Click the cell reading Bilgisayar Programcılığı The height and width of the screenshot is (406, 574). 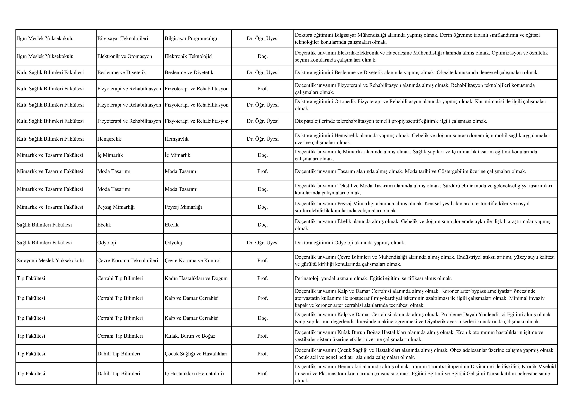(191, 38)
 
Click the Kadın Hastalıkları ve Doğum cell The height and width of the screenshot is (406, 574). (196, 278)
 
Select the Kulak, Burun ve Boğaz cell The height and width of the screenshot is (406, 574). (190, 336)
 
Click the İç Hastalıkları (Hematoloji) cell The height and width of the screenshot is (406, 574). (194, 373)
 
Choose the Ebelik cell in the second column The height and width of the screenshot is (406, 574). (104, 225)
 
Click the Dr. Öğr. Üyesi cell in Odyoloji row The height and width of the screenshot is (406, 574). (262, 243)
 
